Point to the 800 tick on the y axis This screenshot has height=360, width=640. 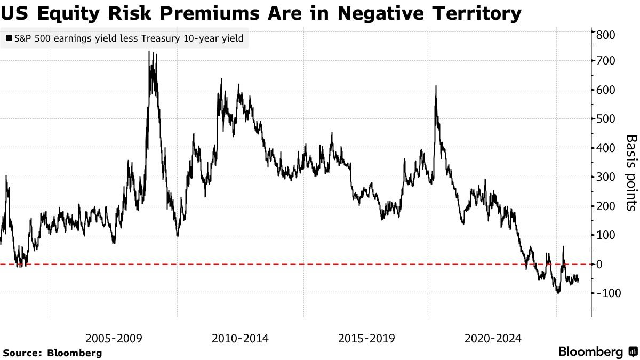(607, 35)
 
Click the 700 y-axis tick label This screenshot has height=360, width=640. (607, 61)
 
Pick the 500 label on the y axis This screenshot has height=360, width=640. (607, 119)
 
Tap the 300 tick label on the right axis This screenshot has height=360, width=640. (607, 177)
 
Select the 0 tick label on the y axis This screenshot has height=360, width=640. (599, 264)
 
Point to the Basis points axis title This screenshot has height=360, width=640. (631, 172)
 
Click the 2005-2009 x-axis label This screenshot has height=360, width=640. (114, 338)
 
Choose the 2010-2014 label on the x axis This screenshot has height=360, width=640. (241, 338)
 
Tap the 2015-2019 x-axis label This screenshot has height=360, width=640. (367, 338)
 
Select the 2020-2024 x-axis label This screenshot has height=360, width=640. (493, 338)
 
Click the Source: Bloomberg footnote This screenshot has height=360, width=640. (52, 353)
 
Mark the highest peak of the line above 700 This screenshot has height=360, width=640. (149, 52)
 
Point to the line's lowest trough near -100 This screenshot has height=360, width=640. (558, 293)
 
